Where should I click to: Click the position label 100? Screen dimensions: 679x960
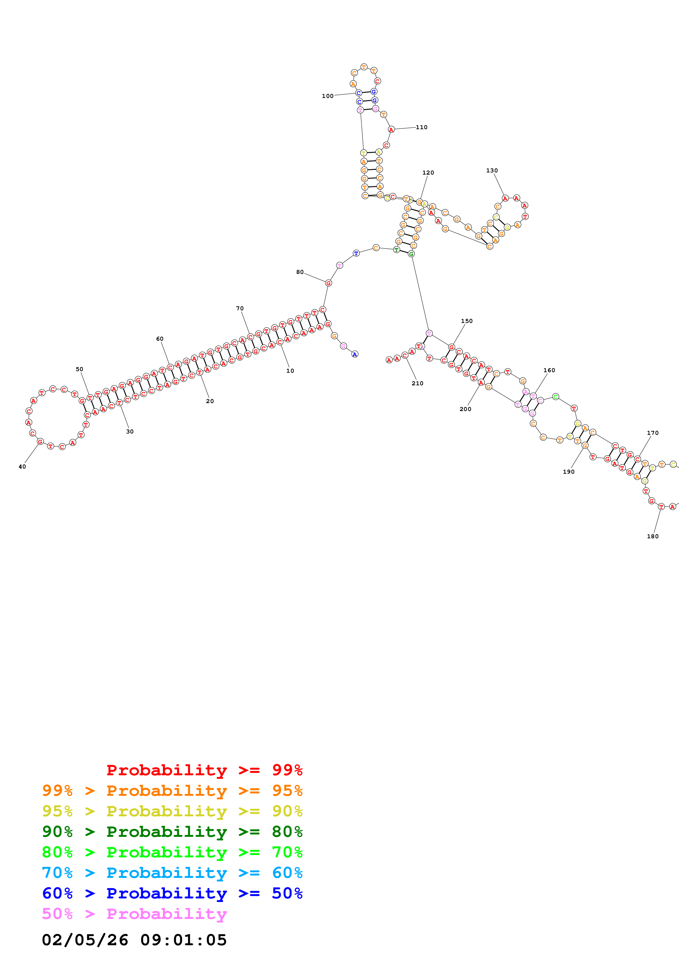coord(328,96)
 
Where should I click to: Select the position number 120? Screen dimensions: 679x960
coord(428,173)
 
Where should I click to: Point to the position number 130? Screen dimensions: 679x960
coord(492,170)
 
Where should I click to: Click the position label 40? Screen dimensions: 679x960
coord(22,467)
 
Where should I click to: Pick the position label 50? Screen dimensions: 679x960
coord(79,369)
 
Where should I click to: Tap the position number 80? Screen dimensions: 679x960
coord(300,272)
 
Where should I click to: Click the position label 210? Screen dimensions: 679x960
coord(417,383)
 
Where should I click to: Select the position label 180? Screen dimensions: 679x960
coord(653,536)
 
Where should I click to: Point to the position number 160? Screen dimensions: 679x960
coord(549,371)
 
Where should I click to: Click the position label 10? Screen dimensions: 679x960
coord(290,371)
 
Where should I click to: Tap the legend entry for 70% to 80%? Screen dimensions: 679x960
coord(172,852)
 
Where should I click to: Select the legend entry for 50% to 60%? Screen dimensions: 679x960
coord(172,893)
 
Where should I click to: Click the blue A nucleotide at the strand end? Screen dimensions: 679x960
coord(355,355)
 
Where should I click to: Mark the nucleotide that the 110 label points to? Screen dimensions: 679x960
coord(391,130)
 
